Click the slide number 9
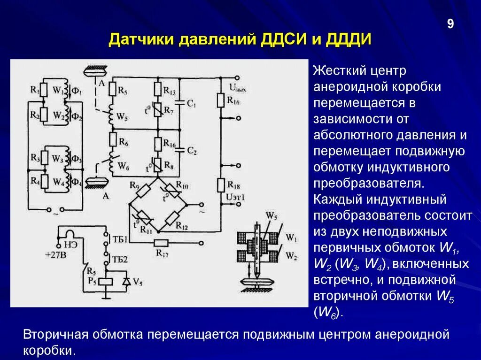(x=450, y=24)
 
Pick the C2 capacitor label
(x=191, y=151)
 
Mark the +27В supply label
(x=56, y=255)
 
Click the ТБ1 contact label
(x=120, y=239)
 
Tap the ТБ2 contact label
(x=120, y=259)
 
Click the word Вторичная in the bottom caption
(x=55, y=335)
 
